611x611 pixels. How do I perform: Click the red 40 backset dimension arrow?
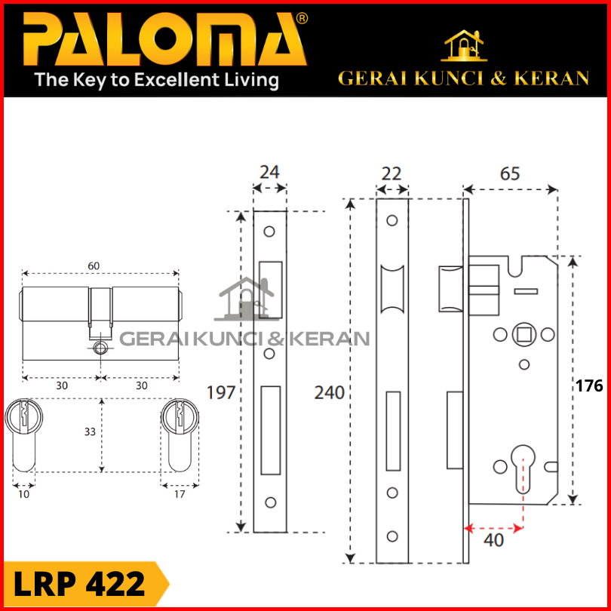point(493,528)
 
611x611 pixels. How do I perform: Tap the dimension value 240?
point(330,393)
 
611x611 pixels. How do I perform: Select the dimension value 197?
point(221,393)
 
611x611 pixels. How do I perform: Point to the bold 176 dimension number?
point(589,385)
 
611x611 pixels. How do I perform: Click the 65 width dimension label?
point(510,173)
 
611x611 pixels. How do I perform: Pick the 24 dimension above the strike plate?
point(269,172)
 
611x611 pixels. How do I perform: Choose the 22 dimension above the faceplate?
point(391,173)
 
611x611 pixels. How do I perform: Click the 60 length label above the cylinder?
point(94,266)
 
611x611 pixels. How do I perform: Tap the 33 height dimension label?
point(90,431)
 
